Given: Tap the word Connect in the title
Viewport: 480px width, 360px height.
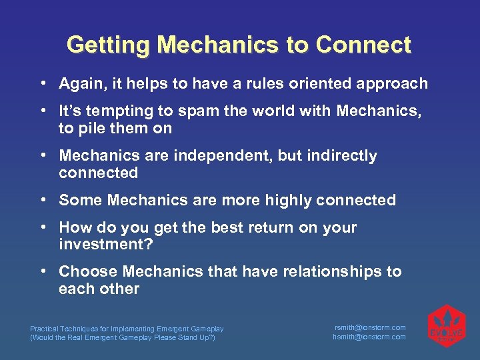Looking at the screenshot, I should click(363, 45).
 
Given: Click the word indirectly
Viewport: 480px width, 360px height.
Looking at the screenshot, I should click(344, 156).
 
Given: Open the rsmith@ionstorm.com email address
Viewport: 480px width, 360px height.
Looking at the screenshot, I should click(369, 328).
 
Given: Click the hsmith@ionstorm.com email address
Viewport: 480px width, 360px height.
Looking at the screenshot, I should click(369, 337).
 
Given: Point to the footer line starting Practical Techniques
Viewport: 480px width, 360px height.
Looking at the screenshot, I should click(127, 329).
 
